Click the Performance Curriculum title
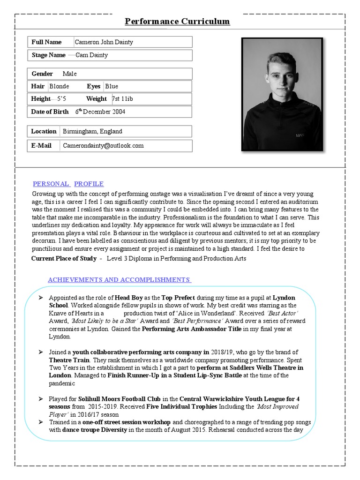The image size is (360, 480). pos(177,22)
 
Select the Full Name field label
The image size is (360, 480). pos(46,42)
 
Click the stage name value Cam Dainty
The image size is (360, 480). pos(92,55)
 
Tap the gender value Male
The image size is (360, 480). pos(69,74)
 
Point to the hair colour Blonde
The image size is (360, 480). pos(59,86)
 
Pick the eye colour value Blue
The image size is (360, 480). pos(112,86)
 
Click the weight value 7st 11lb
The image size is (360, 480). pos(122,99)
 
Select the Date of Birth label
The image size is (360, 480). pos(50,112)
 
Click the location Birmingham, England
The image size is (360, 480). pos(92,132)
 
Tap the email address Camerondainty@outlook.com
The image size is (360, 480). pos(103,146)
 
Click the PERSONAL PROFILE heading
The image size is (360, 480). pos(68,184)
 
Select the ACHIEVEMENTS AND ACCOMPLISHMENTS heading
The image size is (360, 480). pos(119,280)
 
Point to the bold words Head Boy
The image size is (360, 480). pos(129,298)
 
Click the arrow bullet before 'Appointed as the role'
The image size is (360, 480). pos(40,298)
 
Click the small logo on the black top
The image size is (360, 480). pos(300,135)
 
